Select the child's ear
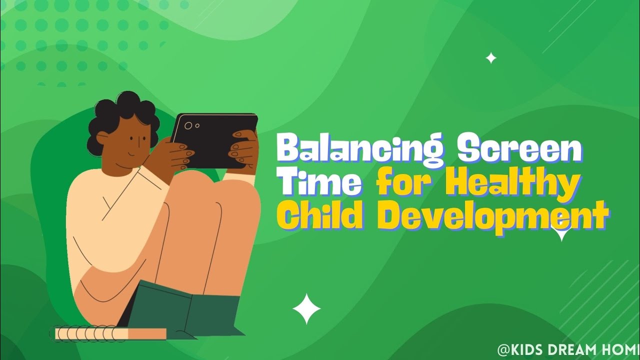[103, 138]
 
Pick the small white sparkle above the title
[491, 58]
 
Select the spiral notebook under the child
[110, 333]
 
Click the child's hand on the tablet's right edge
[245, 147]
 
